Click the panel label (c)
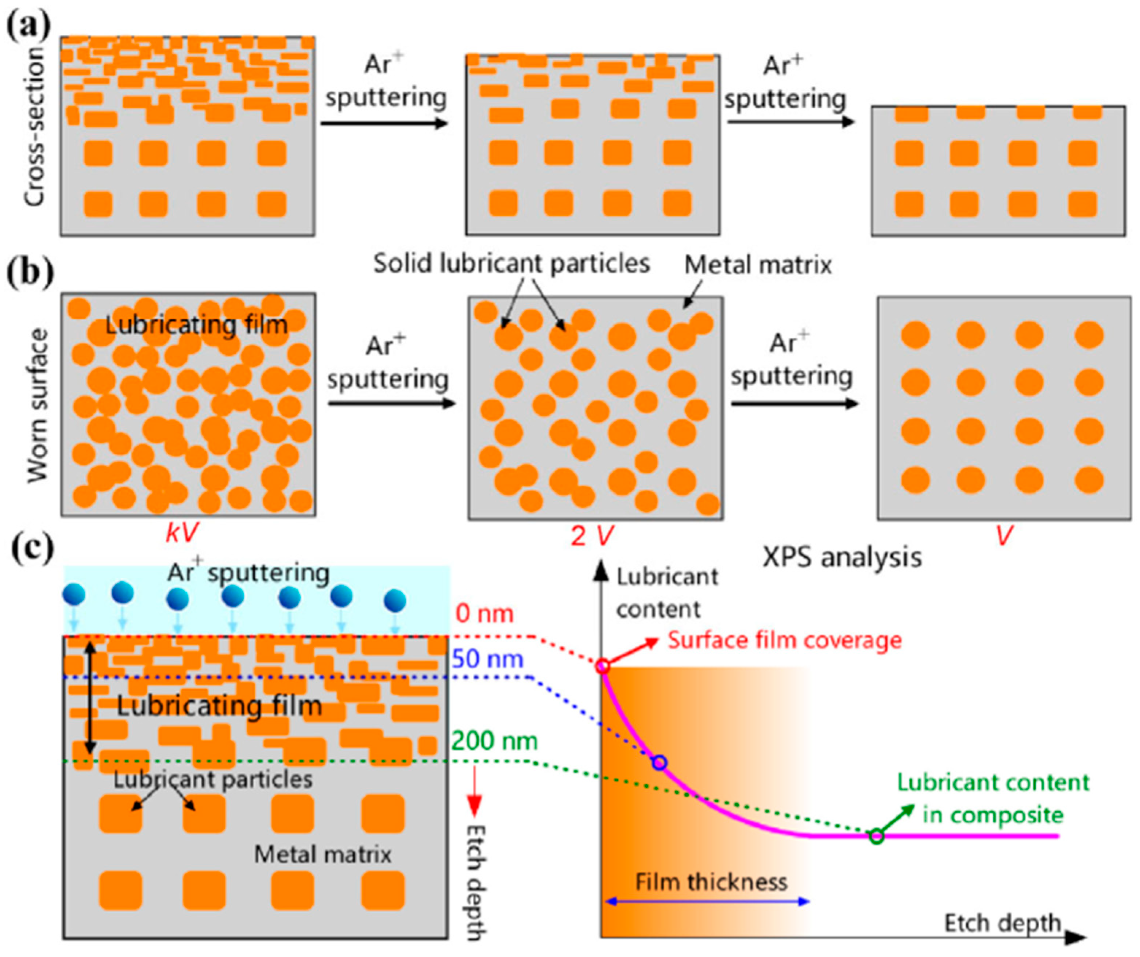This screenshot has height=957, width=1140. tap(32, 549)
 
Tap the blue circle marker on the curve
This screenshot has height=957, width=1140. tap(659, 762)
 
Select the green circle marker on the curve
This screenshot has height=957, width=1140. tap(877, 836)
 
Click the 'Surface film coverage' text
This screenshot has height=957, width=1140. tap(784, 640)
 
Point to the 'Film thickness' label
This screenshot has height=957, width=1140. tap(711, 882)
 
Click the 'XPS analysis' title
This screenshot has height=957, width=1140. tap(842, 557)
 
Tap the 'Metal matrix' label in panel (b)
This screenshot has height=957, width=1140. tap(758, 265)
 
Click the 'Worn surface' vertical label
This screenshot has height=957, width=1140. tap(38, 406)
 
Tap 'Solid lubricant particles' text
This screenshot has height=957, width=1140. tap(511, 264)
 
